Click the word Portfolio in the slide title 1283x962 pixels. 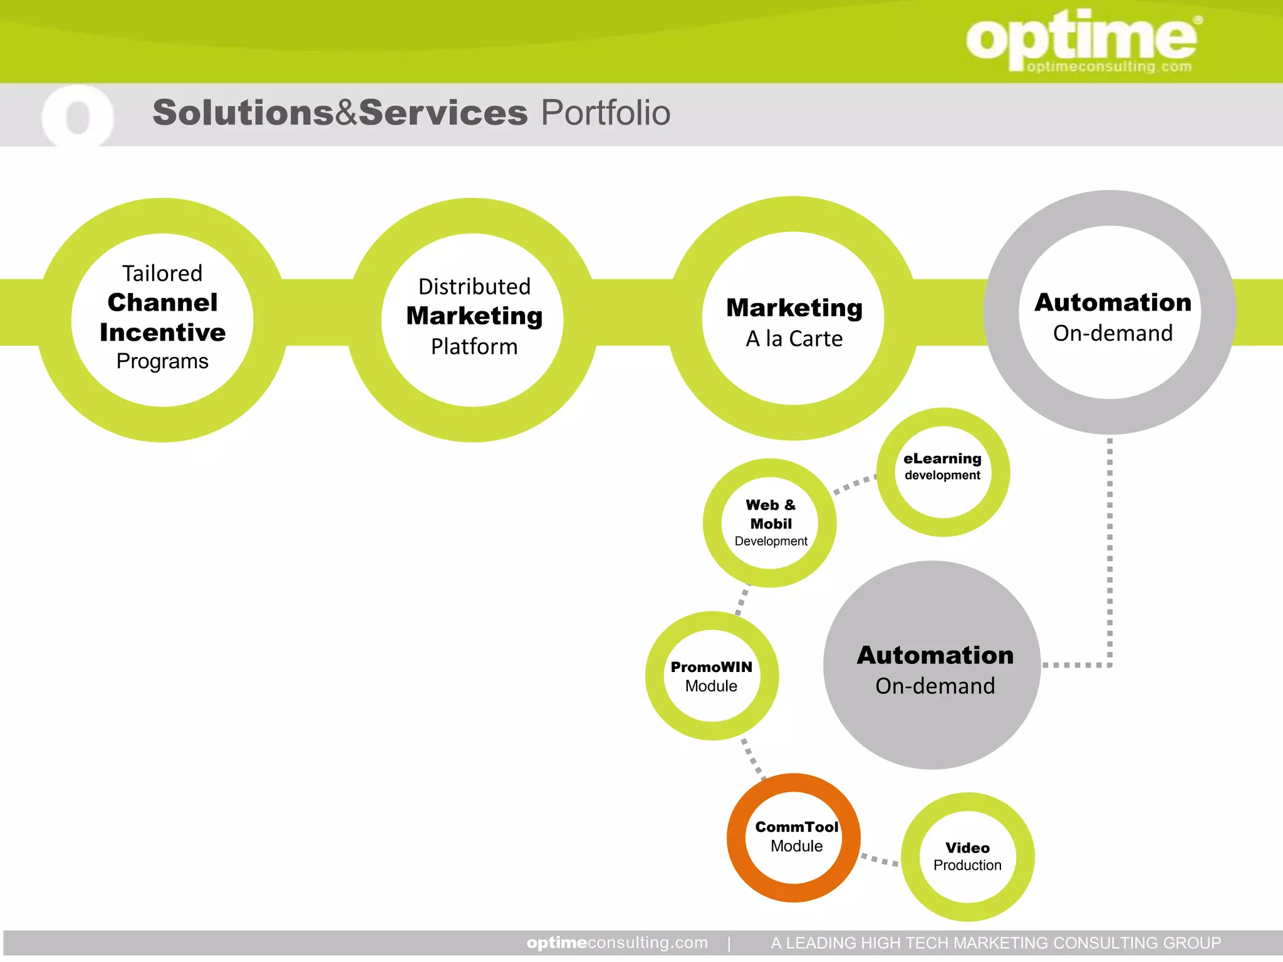click(605, 113)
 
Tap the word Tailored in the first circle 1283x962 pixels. click(162, 274)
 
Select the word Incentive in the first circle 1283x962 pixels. click(162, 333)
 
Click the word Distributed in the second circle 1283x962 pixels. click(474, 287)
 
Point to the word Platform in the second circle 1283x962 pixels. click(474, 346)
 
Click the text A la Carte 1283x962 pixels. click(794, 339)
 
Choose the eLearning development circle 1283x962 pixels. click(942, 472)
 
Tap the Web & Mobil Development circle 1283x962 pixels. click(770, 523)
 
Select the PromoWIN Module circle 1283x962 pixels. click(712, 676)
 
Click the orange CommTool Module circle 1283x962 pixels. click(794, 837)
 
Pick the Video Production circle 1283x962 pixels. click(967, 857)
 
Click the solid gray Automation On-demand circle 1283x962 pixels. click(932, 666)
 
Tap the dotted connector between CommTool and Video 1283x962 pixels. click(880, 860)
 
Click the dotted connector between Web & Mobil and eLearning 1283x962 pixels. click(854, 484)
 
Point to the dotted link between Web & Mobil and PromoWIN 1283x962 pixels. click(742, 600)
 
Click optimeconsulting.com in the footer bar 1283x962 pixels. click(617, 943)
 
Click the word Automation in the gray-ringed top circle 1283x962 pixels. click(1113, 303)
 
